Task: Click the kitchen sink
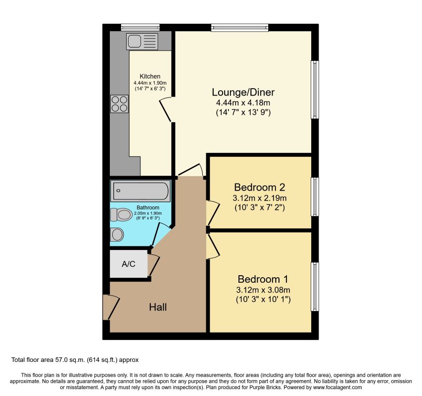(x=142, y=42)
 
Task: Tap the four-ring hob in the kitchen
(x=120, y=104)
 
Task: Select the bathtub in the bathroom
(x=140, y=191)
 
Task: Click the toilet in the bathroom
(x=121, y=215)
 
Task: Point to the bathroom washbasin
(x=117, y=235)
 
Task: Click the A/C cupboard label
(x=128, y=264)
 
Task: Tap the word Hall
(x=158, y=307)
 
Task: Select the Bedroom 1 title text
(x=263, y=279)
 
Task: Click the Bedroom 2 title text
(x=259, y=187)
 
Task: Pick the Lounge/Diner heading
(x=243, y=92)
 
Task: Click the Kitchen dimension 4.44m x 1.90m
(x=150, y=83)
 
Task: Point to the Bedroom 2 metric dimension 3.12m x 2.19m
(x=260, y=198)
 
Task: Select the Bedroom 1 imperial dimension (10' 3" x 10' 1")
(x=263, y=299)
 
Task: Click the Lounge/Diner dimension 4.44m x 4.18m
(x=243, y=103)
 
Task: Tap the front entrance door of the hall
(x=111, y=307)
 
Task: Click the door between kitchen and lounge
(x=166, y=110)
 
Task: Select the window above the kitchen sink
(x=140, y=27)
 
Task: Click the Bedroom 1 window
(x=315, y=287)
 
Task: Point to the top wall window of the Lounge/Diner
(x=239, y=27)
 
